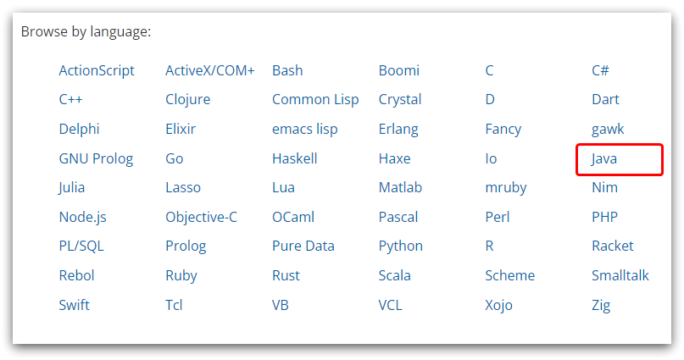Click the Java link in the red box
tap(604, 159)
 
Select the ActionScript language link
tap(97, 71)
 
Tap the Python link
tap(400, 246)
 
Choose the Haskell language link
tap(294, 158)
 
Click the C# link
tap(600, 70)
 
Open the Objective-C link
tap(201, 217)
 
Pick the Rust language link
tap(286, 276)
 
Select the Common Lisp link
tap(315, 100)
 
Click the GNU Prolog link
tap(96, 159)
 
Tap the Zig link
tap(601, 306)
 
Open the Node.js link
tap(82, 218)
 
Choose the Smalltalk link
tap(620, 276)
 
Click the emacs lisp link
tap(304, 130)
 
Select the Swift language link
tap(74, 305)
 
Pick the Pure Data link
tap(303, 246)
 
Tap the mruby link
tap(506, 188)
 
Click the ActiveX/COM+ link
tap(210, 70)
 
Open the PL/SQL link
tap(81, 246)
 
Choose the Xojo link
tap(498, 306)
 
